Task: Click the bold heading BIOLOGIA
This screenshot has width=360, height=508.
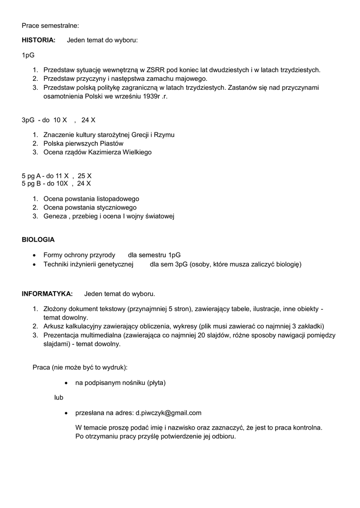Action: point(38,239)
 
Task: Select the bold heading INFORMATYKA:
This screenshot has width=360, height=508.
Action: point(47,293)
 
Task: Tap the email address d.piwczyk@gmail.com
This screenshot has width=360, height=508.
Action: point(168,412)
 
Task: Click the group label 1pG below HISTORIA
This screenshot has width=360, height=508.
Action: point(28,55)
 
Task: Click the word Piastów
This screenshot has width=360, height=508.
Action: point(112,143)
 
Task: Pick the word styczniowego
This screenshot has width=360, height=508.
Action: point(113,207)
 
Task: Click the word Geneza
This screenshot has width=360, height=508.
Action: point(55,216)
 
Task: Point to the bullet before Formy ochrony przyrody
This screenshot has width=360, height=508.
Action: point(33,255)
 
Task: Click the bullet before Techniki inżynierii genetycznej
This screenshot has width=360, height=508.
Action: point(33,264)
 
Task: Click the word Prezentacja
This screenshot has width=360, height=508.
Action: point(62,335)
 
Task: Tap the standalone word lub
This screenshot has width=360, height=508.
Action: point(59,397)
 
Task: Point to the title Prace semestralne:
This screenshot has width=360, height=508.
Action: point(50,25)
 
